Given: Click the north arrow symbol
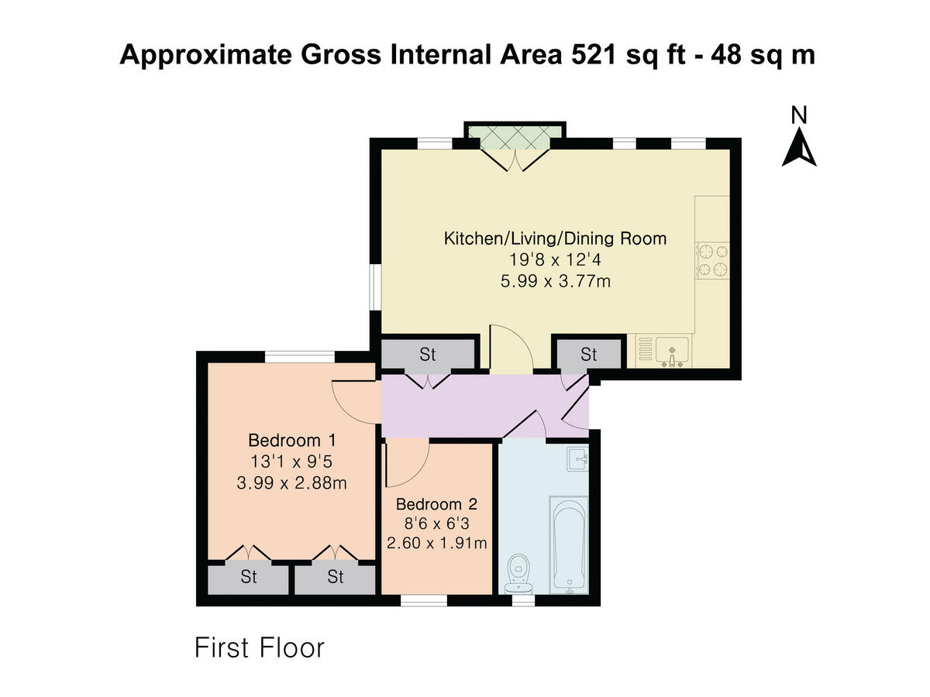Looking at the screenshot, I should pyautogui.click(x=799, y=148).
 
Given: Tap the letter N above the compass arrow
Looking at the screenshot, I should pyautogui.click(x=799, y=115).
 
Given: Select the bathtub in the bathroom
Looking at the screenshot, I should pyautogui.click(x=569, y=544).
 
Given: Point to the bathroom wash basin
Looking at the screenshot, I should pyautogui.click(x=577, y=458).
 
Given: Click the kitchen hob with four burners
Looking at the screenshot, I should pyautogui.click(x=713, y=260).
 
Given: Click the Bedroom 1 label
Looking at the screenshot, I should pyautogui.click(x=291, y=441).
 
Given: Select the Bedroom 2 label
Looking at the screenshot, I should pyautogui.click(x=437, y=502).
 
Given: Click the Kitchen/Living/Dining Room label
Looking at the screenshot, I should pyautogui.click(x=555, y=238).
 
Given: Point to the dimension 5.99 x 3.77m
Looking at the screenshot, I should pyautogui.click(x=555, y=281).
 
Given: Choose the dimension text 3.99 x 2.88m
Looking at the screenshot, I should pyautogui.click(x=291, y=484).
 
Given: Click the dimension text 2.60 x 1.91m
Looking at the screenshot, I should pyautogui.click(x=437, y=543).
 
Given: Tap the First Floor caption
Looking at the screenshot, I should pyautogui.click(x=259, y=647).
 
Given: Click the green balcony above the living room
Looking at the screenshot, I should pyautogui.click(x=515, y=137).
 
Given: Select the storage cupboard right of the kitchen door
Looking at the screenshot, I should pyautogui.click(x=589, y=355).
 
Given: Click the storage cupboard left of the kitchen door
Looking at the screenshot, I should pyautogui.click(x=428, y=355).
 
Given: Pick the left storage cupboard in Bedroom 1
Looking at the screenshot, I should pyautogui.click(x=248, y=577).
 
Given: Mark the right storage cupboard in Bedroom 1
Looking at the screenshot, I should pyautogui.click(x=335, y=577).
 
